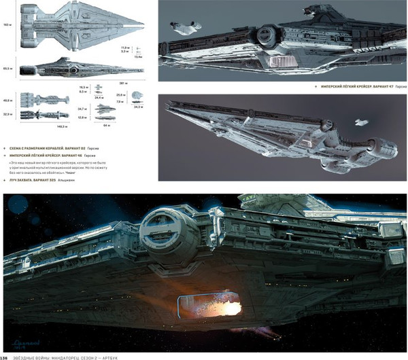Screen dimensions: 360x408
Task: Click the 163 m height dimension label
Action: pyautogui.click(x=7, y=24)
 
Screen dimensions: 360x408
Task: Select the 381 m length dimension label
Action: pyautogui.click(x=143, y=84)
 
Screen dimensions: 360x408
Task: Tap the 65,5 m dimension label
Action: pyautogui.click(x=7, y=69)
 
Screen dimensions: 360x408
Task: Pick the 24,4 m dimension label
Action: pyautogui.click(x=99, y=97)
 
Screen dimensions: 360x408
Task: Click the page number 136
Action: pyautogui.click(x=5, y=355)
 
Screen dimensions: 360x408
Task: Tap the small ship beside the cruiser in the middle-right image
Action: pyautogui.click(x=360, y=122)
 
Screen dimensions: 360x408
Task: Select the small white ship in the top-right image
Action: pyautogui.click(x=183, y=29)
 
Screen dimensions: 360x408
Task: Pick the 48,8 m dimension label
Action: pyautogui.click(x=7, y=100)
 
